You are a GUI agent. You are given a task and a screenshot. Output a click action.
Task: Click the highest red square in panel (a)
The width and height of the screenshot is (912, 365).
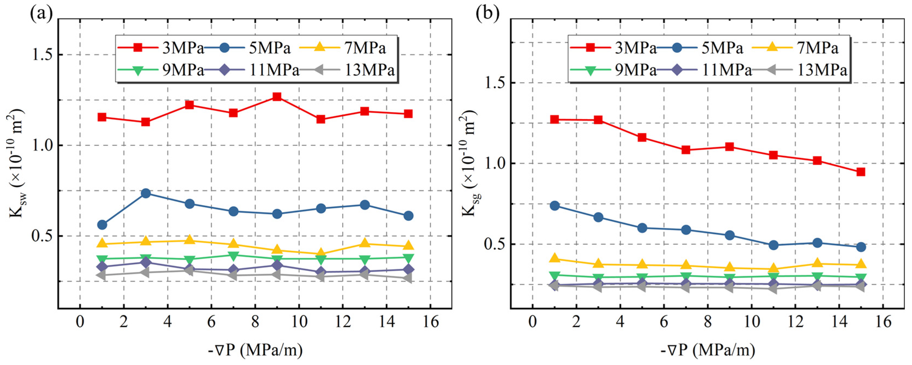tap(277, 97)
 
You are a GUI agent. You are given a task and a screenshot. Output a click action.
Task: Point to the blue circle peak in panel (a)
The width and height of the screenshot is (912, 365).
tap(145, 193)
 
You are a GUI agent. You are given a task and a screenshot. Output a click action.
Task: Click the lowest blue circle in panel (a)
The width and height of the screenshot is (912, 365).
tap(102, 225)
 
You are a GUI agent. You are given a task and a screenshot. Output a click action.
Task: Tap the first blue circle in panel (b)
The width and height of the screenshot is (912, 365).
tap(555, 206)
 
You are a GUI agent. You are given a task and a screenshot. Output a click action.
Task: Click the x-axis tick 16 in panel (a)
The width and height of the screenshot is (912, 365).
tap(430, 323)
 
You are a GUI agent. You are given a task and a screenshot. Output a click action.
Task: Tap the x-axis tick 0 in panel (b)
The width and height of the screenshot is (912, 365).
tap(532, 323)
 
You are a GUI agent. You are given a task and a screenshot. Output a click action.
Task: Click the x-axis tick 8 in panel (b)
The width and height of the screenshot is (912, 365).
tap(708, 323)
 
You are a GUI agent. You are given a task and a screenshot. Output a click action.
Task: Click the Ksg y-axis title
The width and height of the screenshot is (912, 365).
tap(469, 163)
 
